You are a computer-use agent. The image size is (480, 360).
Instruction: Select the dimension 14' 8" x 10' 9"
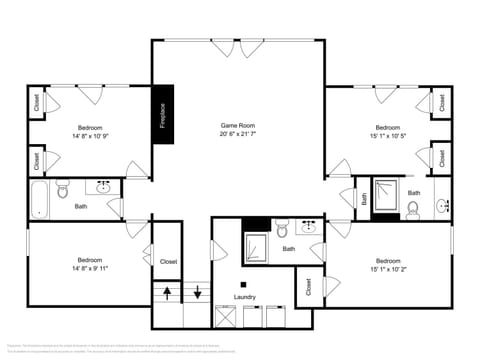[x=90, y=135]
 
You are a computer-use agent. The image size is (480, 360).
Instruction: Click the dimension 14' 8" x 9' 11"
[x=90, y=268]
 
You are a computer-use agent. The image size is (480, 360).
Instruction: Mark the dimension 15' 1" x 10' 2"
[x=388, y=268]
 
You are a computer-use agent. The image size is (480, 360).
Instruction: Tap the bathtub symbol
[x=39, y=198]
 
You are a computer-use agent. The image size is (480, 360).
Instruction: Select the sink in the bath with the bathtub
[x=102, y=187]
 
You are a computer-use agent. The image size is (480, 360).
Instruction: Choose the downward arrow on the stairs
[x=198, y=293]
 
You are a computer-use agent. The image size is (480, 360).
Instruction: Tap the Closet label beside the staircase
[x=169, y=261]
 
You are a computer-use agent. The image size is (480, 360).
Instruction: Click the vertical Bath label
[x=364, y=198]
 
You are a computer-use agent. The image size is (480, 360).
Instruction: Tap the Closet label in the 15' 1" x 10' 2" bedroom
[x=309, y=287]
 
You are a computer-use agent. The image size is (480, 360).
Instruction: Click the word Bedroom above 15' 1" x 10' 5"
[x=388, y=127]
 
